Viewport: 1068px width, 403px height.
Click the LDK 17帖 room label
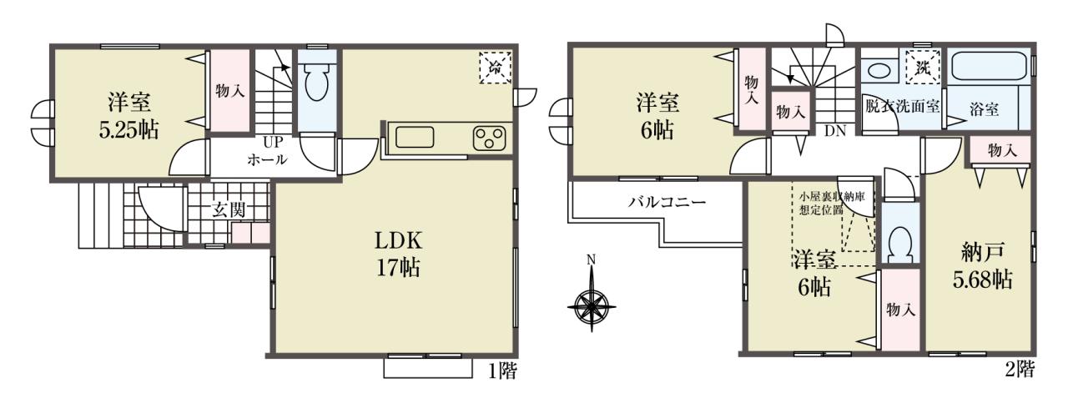click(399, 254)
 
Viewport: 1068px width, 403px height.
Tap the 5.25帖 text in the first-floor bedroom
click(128, 129)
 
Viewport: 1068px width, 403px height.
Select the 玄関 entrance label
click(229, 210)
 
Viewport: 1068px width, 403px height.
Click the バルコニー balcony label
click(666, 203)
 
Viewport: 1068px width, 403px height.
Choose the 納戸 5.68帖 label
click(982, 265)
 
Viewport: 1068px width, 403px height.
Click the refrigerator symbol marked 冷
click(496, 68)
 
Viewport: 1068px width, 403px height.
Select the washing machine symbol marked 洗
click(923, 68)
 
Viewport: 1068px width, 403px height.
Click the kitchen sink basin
click(415, 138)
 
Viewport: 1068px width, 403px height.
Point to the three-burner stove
click(489, 139)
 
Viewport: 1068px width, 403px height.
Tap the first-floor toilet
click(316, 81)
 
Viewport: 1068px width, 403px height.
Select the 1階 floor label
click(502, 370)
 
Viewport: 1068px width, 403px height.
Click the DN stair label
click(835, 131)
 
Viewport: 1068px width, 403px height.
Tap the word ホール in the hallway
click(267, 159)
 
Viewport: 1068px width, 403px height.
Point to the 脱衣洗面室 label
click(903, 106)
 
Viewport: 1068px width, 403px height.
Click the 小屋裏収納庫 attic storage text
click(832, 196)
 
